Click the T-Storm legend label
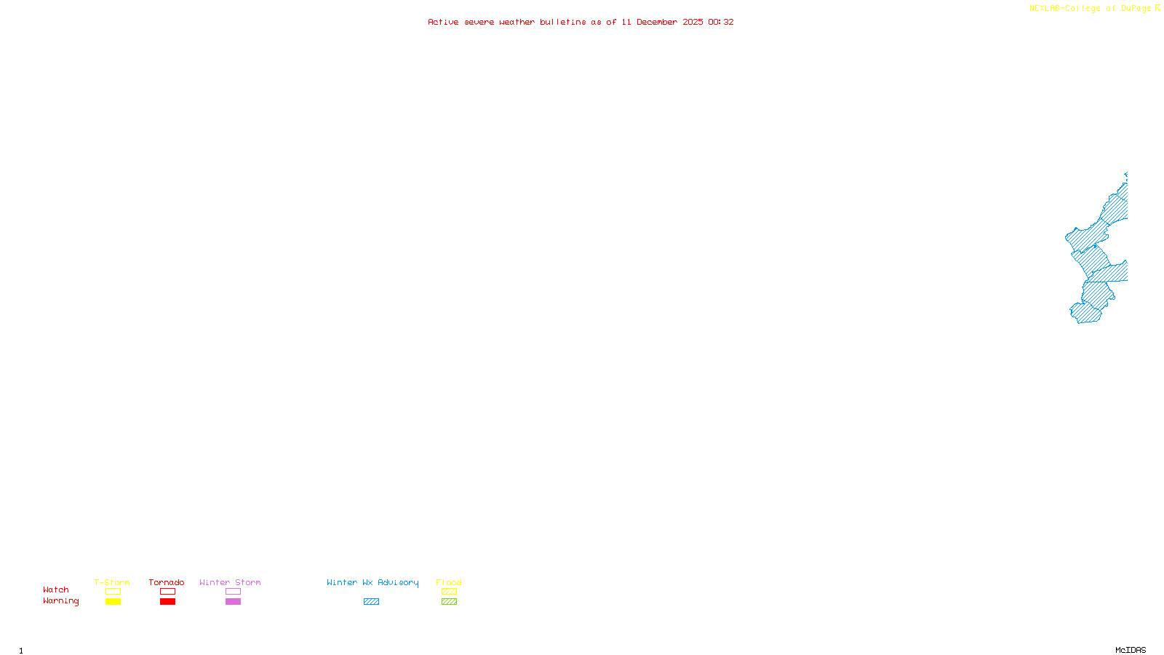(112, 582)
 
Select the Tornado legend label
(167, 582)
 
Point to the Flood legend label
(449, 582)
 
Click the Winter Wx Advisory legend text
(372, 582)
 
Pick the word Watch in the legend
(56, 590)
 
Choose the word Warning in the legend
(61, 601)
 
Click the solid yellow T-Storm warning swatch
(113, 602)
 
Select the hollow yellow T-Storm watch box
(113, 592)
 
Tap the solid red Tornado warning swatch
(167, 602)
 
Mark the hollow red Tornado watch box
(167, 592)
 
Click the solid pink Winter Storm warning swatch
(233, 602)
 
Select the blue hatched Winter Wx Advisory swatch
(371, 602)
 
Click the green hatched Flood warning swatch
(449, 602)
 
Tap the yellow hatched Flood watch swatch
(449, 592)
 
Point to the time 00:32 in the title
(721, 22)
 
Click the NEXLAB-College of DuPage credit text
(1090, 9)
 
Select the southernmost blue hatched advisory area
(1087, 314)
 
